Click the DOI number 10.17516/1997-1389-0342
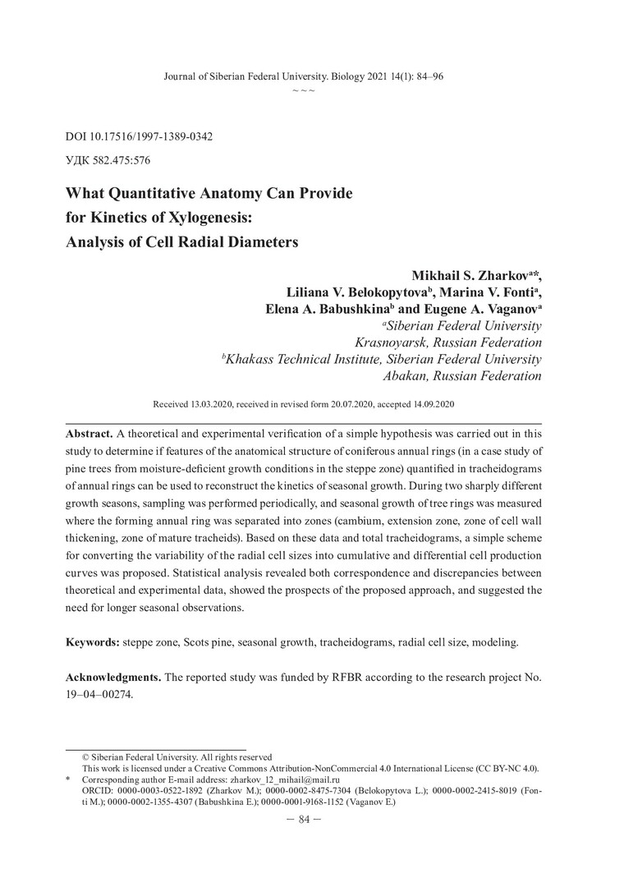pyautogui.click(x=150, y=136)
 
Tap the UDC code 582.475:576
pyautogui.click(x=124, y=160)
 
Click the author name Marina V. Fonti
pyautogui.click(x=498, y=293)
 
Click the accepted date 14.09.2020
pyautogui.click(x=428, y=405)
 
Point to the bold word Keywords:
pyautogui.click(x=92, y=641)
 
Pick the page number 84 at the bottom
pyautogui.click(x=311, y=819)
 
